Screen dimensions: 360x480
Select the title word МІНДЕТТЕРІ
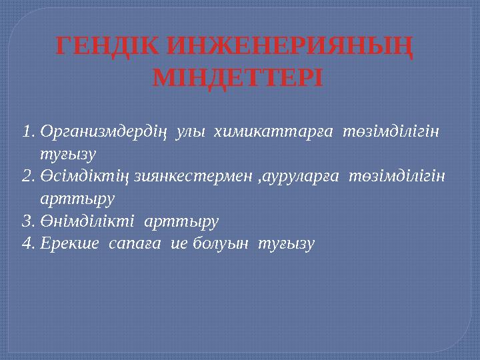tap(237, 78)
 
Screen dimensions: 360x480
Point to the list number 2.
tap(27, 176)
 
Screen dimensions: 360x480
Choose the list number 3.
tap(27, 221)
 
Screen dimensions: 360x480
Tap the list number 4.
tap(27, 243)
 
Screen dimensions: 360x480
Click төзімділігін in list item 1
tap(391, 131)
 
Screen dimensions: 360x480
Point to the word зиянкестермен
tap(195, 177)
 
